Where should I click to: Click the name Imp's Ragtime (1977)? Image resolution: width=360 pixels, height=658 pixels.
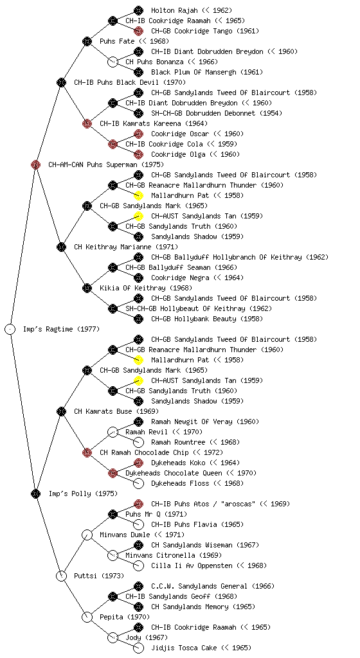pos(61,329)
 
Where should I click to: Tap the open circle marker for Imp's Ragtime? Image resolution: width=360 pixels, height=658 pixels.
pos(10,329)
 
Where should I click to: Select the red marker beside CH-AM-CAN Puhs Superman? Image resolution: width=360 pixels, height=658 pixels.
pos(35,164)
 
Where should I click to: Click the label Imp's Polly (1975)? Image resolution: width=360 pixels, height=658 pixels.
pos(83,493)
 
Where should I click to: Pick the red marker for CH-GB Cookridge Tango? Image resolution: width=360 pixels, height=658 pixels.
pos(138,31)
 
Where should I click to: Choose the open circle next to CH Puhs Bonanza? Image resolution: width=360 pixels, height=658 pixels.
pos(113,62)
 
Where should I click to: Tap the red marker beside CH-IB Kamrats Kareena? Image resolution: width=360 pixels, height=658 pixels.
pos(87,123)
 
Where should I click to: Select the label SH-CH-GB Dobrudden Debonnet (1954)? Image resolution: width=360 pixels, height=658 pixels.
pos(217,113)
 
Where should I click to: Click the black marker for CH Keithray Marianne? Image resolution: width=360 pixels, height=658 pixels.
pos(61,247)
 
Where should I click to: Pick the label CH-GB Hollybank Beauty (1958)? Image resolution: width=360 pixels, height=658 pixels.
pos(207,319)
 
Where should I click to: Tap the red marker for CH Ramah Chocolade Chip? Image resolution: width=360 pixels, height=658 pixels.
pos(87,452)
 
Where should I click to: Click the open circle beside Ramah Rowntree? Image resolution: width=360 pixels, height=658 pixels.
pos(138,442)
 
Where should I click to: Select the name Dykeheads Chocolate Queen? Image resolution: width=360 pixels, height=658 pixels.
pos(174,473)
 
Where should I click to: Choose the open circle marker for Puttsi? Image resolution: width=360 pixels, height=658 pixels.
pos(61,576)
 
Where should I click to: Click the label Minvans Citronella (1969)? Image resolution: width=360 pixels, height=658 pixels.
pos(174,555)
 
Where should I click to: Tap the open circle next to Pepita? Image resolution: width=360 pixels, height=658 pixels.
pos(87,617)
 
